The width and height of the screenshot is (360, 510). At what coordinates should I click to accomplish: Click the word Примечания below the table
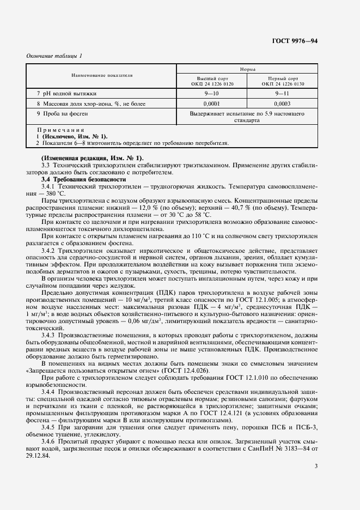tap(60, 130)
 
